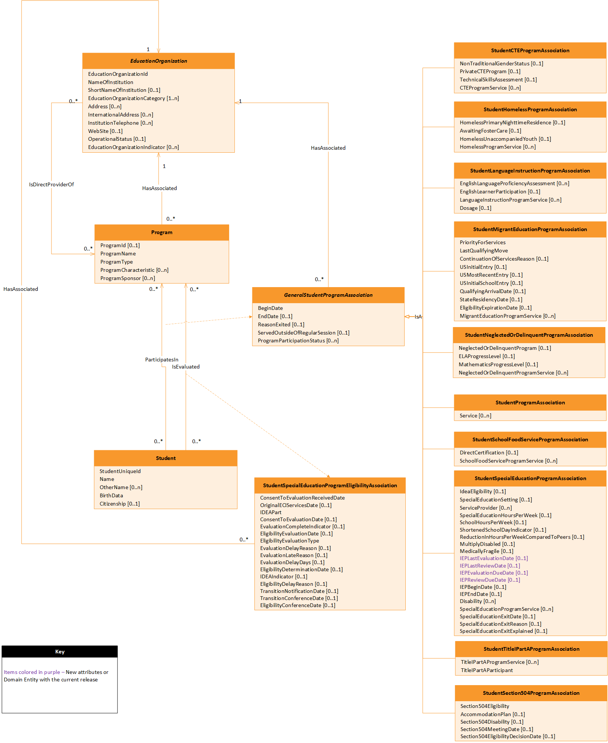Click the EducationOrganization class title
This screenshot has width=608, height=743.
click(x=158, y=61)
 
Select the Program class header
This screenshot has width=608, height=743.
click(x=162, y=232)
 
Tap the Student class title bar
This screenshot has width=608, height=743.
click(x=165, y=458)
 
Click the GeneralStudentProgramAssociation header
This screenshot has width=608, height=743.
click(x=328, y=295)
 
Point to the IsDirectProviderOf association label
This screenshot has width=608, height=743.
click(x=52, y=184)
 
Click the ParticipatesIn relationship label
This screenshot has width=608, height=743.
click(x=162, y=360)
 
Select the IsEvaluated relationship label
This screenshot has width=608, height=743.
click(x=185, y=367)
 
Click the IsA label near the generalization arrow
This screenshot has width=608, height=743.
click(x=418, y=317)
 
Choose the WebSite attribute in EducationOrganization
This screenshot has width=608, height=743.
click(x=105, y=131)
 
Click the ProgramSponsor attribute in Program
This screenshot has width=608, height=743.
click(x=127, y=278)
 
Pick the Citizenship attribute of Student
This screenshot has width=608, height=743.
click(x=119, y=504)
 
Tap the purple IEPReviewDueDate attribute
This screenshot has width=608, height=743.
click(x=490, y=580)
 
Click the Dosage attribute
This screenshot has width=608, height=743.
click(x=475, y=208)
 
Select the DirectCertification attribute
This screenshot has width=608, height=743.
click(x=489, y=453)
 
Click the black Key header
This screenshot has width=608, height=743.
click(x=60, y=652)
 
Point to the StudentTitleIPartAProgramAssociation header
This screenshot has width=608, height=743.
click(x=531, y=649)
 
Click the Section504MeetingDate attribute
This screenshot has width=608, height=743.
click(x=496, y=729)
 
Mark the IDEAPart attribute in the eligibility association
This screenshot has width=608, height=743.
click(x=271, y=512)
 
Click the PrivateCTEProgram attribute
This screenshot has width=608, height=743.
click(x=490, y=71)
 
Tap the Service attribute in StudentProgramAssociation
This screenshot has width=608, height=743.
click(x=475, y=416)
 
